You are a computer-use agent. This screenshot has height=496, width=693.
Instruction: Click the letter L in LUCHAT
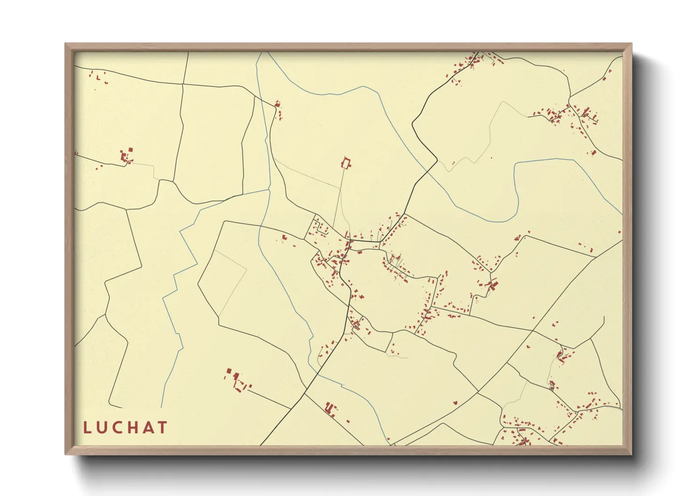click(87, 428)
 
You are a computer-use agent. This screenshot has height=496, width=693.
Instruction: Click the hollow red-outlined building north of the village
click(346, 163)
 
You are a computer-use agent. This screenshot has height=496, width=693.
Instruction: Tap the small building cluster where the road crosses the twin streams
click(279, 109)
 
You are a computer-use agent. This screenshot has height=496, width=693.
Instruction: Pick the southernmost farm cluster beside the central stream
click(331, 408)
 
